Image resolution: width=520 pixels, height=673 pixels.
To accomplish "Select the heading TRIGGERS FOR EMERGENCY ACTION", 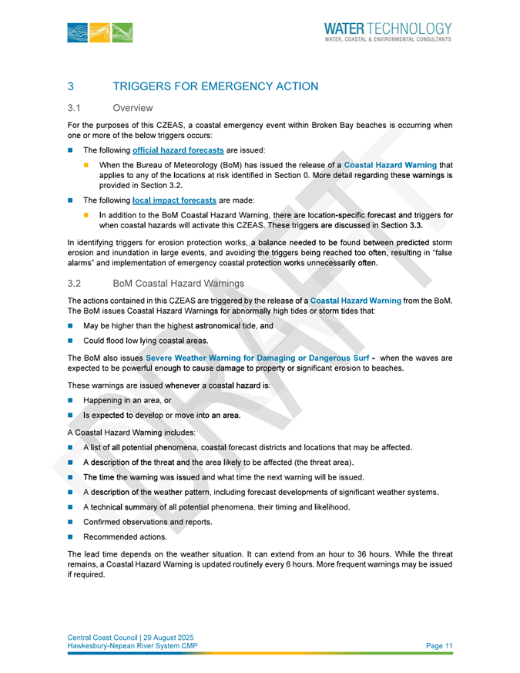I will click(x=215, y=86).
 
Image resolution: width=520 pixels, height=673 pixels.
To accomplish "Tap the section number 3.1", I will click(x=75, y=107).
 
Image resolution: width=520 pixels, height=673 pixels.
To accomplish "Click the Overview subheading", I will click(x=133, y=107).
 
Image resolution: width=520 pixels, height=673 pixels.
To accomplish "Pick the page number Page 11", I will click(x=439, y=644).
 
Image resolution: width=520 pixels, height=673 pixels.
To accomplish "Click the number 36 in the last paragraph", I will click(x=341, y=554).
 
